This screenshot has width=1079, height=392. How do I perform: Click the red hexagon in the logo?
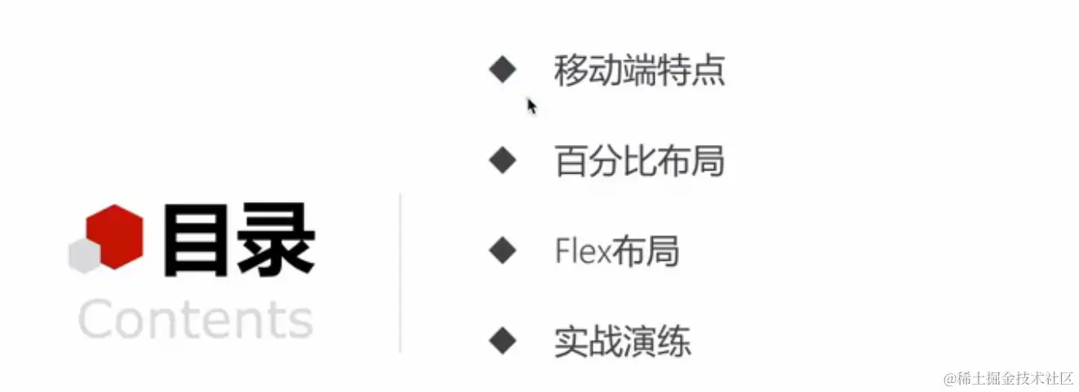click(x=115, y=236)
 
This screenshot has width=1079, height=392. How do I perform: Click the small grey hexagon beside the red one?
click(x=83, y=256)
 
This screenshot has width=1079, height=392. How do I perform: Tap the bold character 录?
click(x=273, y=240)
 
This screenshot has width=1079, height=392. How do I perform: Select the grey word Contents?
click(x=196, y=319)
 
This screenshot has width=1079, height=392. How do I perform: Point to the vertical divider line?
click(x=400, y=272)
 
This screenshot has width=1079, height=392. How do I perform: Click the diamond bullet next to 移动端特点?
click(x=503, y=70)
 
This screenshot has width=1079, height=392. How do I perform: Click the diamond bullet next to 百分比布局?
click(x=503, y=160)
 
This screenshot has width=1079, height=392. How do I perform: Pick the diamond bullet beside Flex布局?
click(x=503, y=250)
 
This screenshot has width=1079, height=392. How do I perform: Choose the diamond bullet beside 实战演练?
click(x=503, y=340)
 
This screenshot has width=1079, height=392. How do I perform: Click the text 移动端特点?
click(x=639, y=71)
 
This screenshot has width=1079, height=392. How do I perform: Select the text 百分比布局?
click(x=639, y=161)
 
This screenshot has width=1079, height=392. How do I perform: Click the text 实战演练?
click(x=622, y=341)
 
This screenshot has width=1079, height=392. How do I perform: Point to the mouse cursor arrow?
click(x=531, y=106)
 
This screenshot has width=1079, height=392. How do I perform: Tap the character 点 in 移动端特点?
click(x=708, y=71)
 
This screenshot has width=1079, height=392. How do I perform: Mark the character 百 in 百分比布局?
click(x=571, y=161)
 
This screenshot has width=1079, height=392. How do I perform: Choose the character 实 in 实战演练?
click(x=571, y=341)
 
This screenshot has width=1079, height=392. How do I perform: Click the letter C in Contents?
click(x=97, y=319)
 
